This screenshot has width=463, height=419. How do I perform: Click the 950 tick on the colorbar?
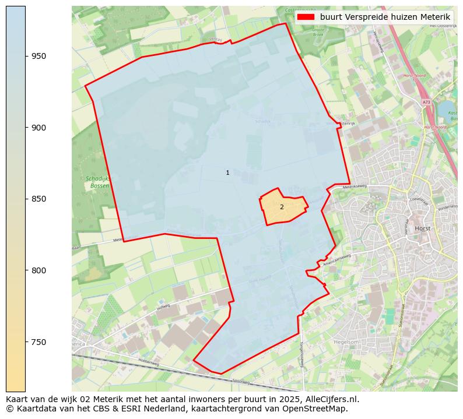click(39, 56)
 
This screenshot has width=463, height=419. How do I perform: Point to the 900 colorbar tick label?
click(39, 128)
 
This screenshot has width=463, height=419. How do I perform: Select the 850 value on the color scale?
click(39, 199)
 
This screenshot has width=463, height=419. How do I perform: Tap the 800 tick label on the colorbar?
click(39, 270)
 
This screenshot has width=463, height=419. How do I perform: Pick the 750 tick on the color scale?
click(39, 342)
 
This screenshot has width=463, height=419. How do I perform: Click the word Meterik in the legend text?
click(435, 17)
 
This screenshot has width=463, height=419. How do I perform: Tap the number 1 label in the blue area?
click(227, 173)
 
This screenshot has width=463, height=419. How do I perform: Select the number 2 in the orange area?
click(282, 207)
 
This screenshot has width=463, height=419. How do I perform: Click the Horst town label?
click(422, 228)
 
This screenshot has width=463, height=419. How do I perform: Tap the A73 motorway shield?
click(426, 103)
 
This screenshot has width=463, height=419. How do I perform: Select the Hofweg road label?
click(163, 307)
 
